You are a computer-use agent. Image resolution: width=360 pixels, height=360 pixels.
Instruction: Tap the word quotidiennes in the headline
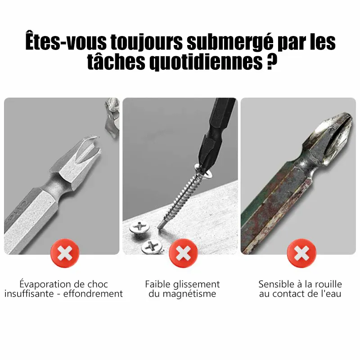[206, 62]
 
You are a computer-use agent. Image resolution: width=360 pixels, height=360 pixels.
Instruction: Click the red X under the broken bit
[65, 253]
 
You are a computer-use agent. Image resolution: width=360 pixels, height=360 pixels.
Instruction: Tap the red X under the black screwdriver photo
[183, 253]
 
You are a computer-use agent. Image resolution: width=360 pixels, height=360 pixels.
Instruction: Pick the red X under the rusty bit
[301, 253]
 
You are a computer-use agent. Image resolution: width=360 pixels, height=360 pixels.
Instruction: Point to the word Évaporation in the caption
[45, 284]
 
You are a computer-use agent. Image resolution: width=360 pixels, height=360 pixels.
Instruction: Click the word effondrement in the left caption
[93, 294]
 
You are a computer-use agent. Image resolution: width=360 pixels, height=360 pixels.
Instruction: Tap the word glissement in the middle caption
[197, 284]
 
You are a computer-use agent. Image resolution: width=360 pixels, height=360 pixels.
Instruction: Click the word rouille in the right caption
[328, 284]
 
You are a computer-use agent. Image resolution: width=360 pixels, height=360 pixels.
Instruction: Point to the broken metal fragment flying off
[112, 118]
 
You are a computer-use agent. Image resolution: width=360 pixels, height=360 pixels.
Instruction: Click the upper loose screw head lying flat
[139, 227]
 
